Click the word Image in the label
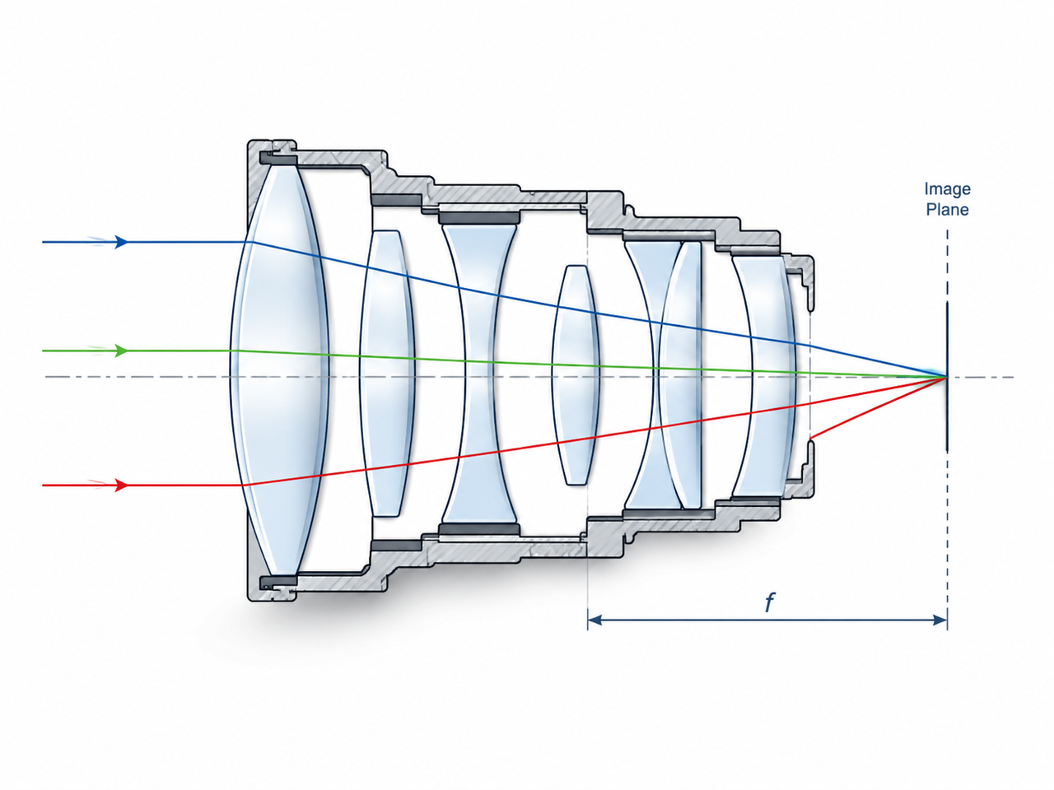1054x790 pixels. pyautogui.click(x=947, y=189)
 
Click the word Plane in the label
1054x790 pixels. pyautogui.click(x=947, y=210)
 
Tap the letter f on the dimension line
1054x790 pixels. pyautogui.click(x=769, y=603)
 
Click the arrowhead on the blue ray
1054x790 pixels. pyautogui.click(x=122, y=242)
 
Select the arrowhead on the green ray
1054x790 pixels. pyautogui.click(x=122, y=351)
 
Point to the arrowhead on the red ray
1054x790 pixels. pyautogui.click(x=122, y=486)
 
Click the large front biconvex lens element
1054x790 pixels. pyautogui.click(x=279, y=370)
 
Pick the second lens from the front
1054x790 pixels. pyautogui.click(x=386, y=373)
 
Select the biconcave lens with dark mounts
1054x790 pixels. pyautogui.click(x=478, y=374)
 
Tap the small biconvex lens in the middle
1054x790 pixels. pyautogui.click(x=576, y=374)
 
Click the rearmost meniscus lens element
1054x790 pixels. pyautogui.click(x=764, y=376)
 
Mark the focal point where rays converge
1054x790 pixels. pyautogui.click(x=946, y=377)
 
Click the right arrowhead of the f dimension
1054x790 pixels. pyautogui.click(x=940, y=620)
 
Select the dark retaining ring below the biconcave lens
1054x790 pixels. pyautogui.click(x=480, y=529)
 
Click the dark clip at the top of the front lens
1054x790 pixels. pyautogui.click(x=277, y=158)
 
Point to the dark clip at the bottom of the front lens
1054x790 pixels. pyautogui.click(x=277, y=583)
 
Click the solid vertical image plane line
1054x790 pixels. pyautogui.click(x=947, y=377)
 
